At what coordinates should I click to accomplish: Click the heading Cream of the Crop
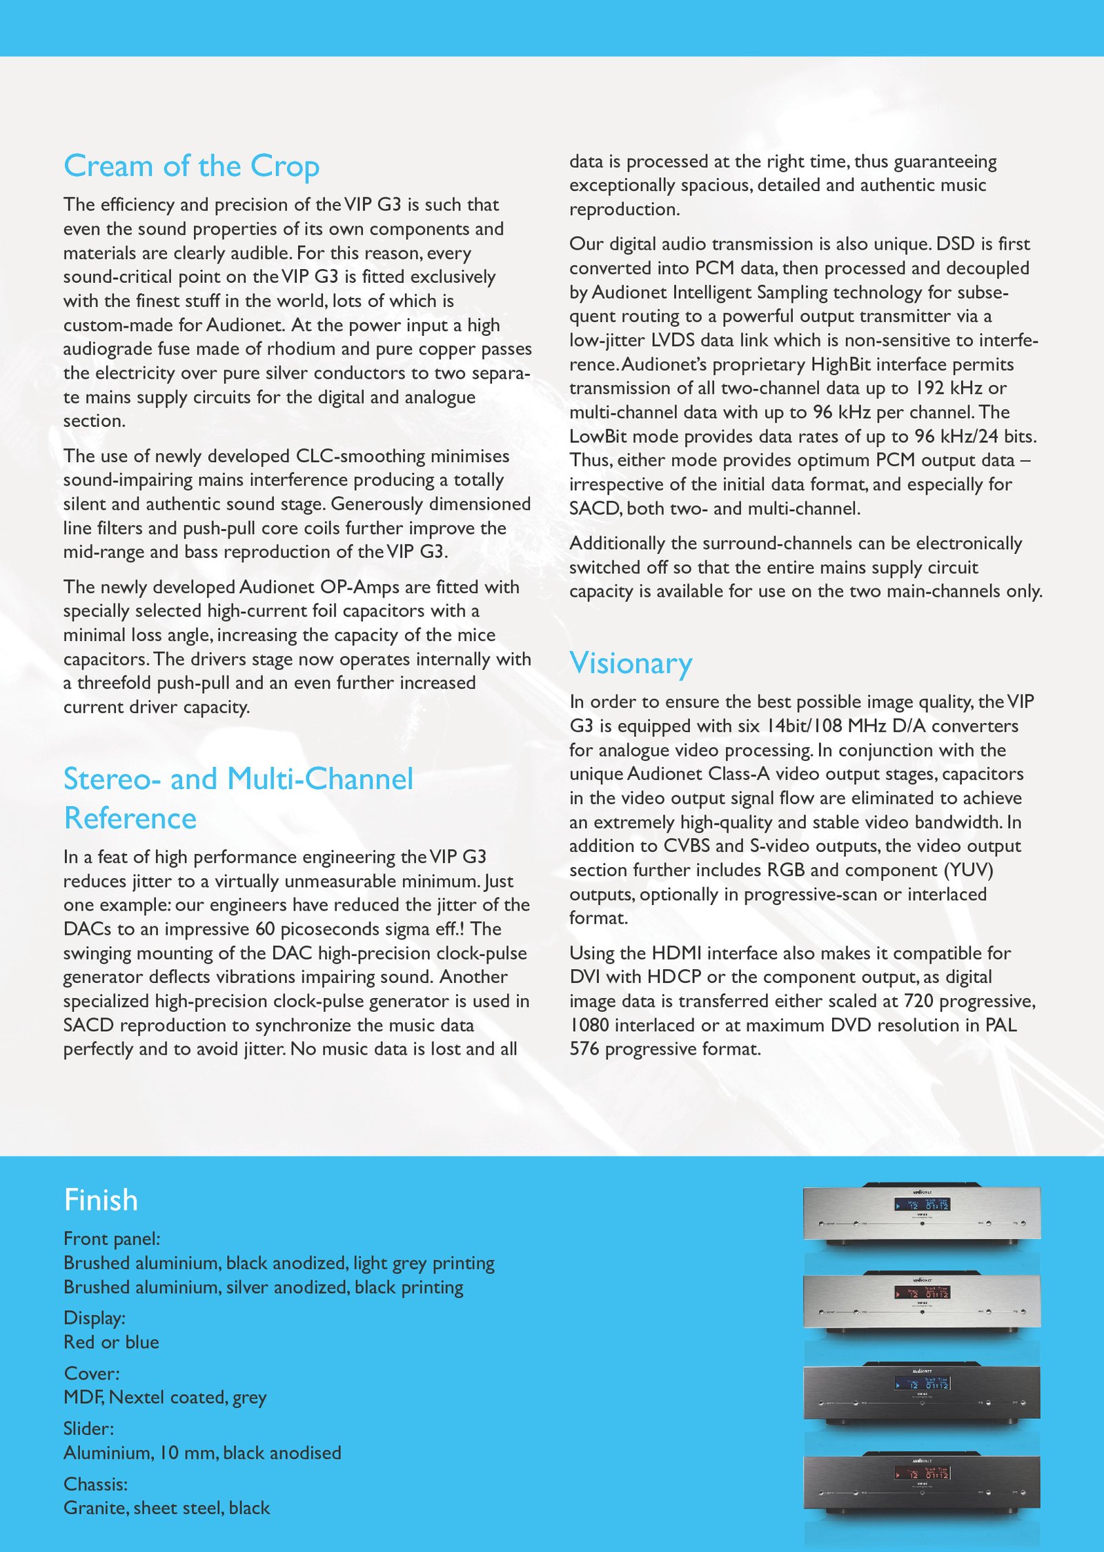[191, 166]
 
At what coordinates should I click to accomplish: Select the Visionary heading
[631, 663]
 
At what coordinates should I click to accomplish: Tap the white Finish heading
[101, 1200]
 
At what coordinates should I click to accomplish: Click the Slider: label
[89, 1429]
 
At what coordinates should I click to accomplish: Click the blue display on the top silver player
[922, 1205]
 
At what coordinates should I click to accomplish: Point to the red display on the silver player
[922, 1293]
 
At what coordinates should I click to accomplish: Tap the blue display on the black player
[922, 1384]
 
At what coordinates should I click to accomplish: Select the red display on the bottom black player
[922, 1473]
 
